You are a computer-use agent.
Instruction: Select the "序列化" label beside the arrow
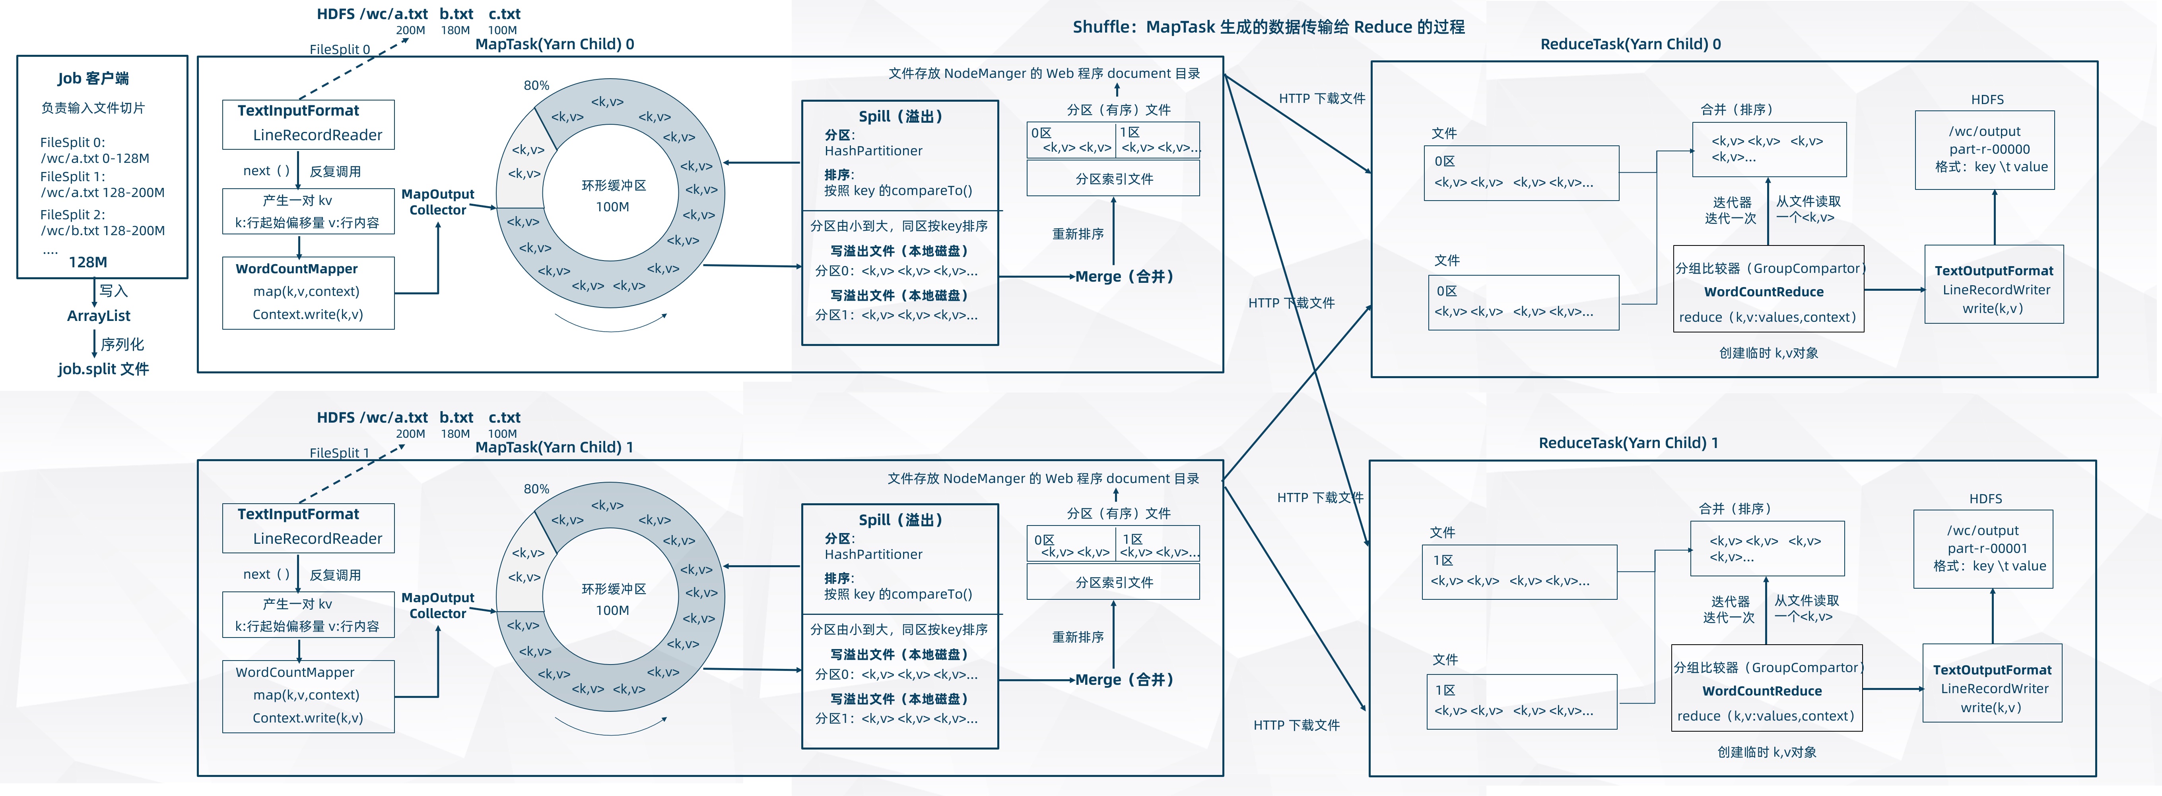point(122,344)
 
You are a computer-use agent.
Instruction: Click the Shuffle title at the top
point(1268,27)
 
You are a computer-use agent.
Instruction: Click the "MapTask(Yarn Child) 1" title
point(554,447)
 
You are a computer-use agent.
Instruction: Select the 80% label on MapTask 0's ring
point(536,85)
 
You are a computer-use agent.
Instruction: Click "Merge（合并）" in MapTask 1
point(1124,679)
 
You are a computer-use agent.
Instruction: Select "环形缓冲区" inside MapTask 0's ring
point(614,185)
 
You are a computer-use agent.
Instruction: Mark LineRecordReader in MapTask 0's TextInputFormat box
point(317,135)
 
